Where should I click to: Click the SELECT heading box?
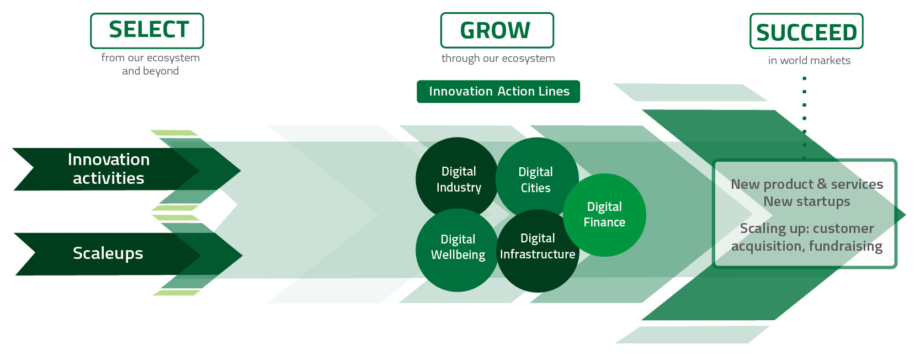click(x=147, y=31)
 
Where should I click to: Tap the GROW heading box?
click(x=497, y=30)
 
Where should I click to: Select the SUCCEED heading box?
click(x=806, y=31)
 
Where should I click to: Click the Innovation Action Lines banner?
click(x=498, y=91)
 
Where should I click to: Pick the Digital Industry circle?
click(x=457, y=178)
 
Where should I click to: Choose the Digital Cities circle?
click(x=536, y=178)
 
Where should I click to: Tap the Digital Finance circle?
click(x=604, y=215)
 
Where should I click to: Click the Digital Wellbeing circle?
click(x=457, y=250)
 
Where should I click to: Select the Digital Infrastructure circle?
click(x=538, y=251)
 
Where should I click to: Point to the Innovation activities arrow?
click(x=123, y=170)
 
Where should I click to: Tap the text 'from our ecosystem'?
click(x=150, y=57)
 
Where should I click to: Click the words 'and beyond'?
click(x=150, y=71)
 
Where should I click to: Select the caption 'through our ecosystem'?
click(x=498, y=59)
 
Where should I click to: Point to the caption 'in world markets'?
click(x=809, y=60)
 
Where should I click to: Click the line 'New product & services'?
click(x=807, y=184)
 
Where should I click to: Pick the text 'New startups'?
click(x=807, y=202)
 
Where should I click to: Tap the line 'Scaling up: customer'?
click(x=807, y=228)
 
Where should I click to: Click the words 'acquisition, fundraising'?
click(x=807, y=246)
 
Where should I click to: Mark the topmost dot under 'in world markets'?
click(x=804, y=78)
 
